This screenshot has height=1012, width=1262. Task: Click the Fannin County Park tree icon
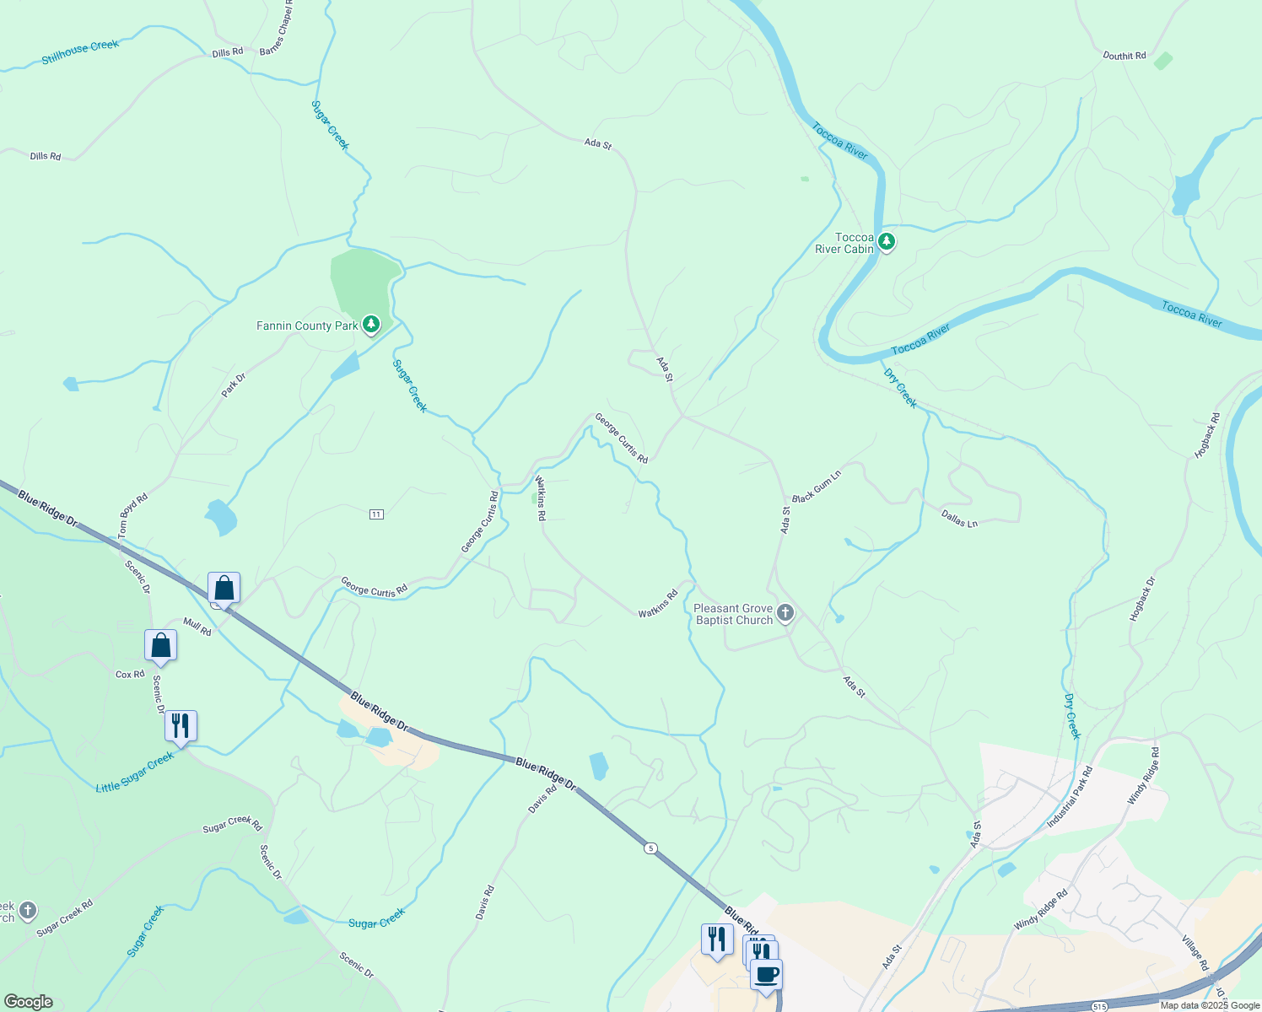[x=370, y=325]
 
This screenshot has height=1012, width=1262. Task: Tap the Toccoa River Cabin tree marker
[x=886, y=242]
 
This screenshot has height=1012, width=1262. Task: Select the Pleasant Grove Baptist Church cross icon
[x=785, y=613]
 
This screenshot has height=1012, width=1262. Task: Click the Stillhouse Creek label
[x=81, y=52]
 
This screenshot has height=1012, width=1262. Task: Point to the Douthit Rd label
[x=1124, y=56]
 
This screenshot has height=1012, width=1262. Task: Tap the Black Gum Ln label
[x=817, y=487]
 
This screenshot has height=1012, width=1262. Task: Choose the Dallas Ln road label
[x=959, y=519]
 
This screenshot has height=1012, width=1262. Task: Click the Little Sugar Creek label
[x=135, y=772]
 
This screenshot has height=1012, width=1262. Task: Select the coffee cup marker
[x=766, y=975]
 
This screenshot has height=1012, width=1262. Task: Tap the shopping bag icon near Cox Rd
[x=160, y=645]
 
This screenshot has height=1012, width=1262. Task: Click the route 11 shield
[x=376, y=514]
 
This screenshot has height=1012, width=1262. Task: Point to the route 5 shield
[x=650, y=848]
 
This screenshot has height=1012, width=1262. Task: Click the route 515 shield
[x=1098, y=1007]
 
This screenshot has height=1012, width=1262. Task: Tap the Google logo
[x=28, y=1002]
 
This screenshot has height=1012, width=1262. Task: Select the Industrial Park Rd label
[x=1070, y=797]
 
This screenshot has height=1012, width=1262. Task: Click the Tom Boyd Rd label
[x=133, y=515]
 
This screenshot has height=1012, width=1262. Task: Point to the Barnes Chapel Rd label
[x=277, y=27]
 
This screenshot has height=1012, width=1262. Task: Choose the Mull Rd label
[x=197, y=626]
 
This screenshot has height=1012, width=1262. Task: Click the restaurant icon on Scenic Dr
[x=181, y=725]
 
